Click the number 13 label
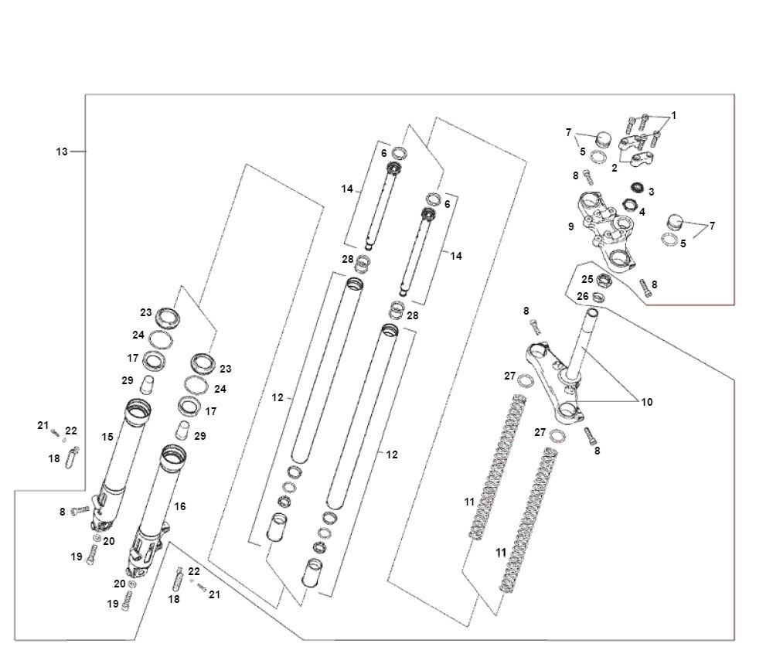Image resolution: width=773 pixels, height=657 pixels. pyautogui.click(x=62, y=151)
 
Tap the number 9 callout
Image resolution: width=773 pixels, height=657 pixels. pyautogui.click(x=570, y=227)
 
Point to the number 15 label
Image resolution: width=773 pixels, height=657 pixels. pyautogui.click(x=107, y=437)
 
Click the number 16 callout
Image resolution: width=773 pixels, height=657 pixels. pyautogui.click(x=180, y=506)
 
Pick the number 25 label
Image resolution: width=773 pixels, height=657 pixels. pyautogui.click(x=587, y=279)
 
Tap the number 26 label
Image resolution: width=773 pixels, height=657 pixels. pyautogui.click(x=583, y=296)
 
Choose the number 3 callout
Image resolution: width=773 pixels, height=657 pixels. pyautogui.click(x=652, y=191)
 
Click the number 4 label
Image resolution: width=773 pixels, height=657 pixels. pyautogui.click(x=642, y=211)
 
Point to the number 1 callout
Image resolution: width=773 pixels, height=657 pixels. pyautogui.click(x=673, y=115)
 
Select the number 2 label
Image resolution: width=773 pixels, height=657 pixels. pyautogui.click(x=615, y=167)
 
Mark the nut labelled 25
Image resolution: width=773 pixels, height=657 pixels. pyautogui.click(x=605, y=280)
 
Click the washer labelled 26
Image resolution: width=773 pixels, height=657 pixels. pyautogui.click(x=598, y=295)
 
